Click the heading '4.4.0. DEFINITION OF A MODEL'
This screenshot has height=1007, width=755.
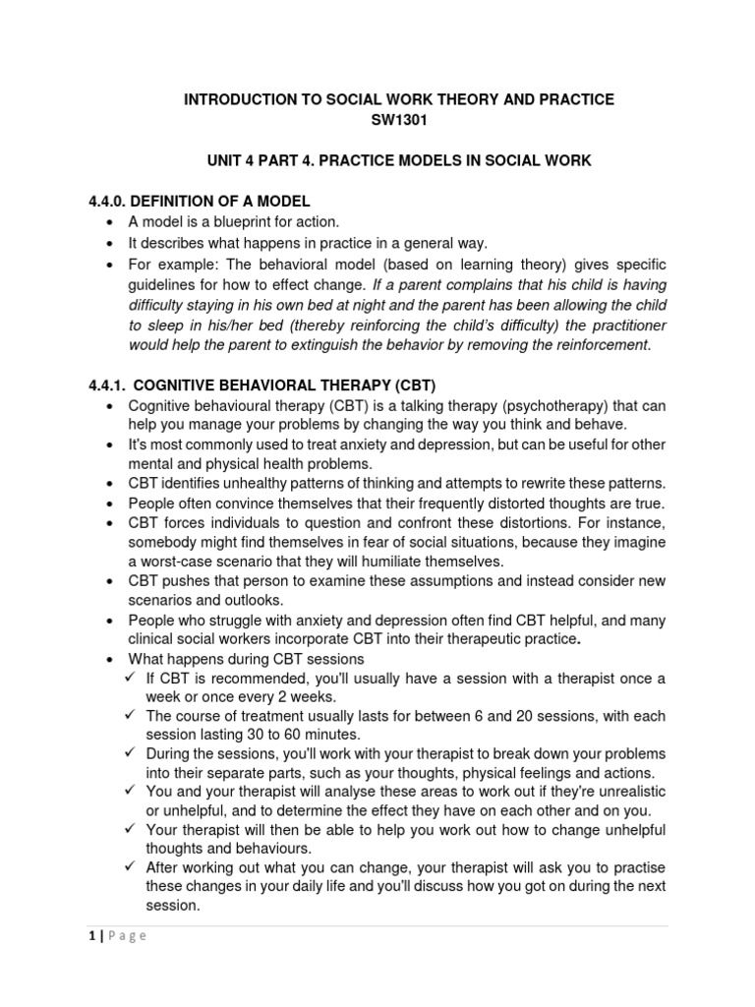click(200, 202)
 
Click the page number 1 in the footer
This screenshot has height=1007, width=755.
click(91, 935)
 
